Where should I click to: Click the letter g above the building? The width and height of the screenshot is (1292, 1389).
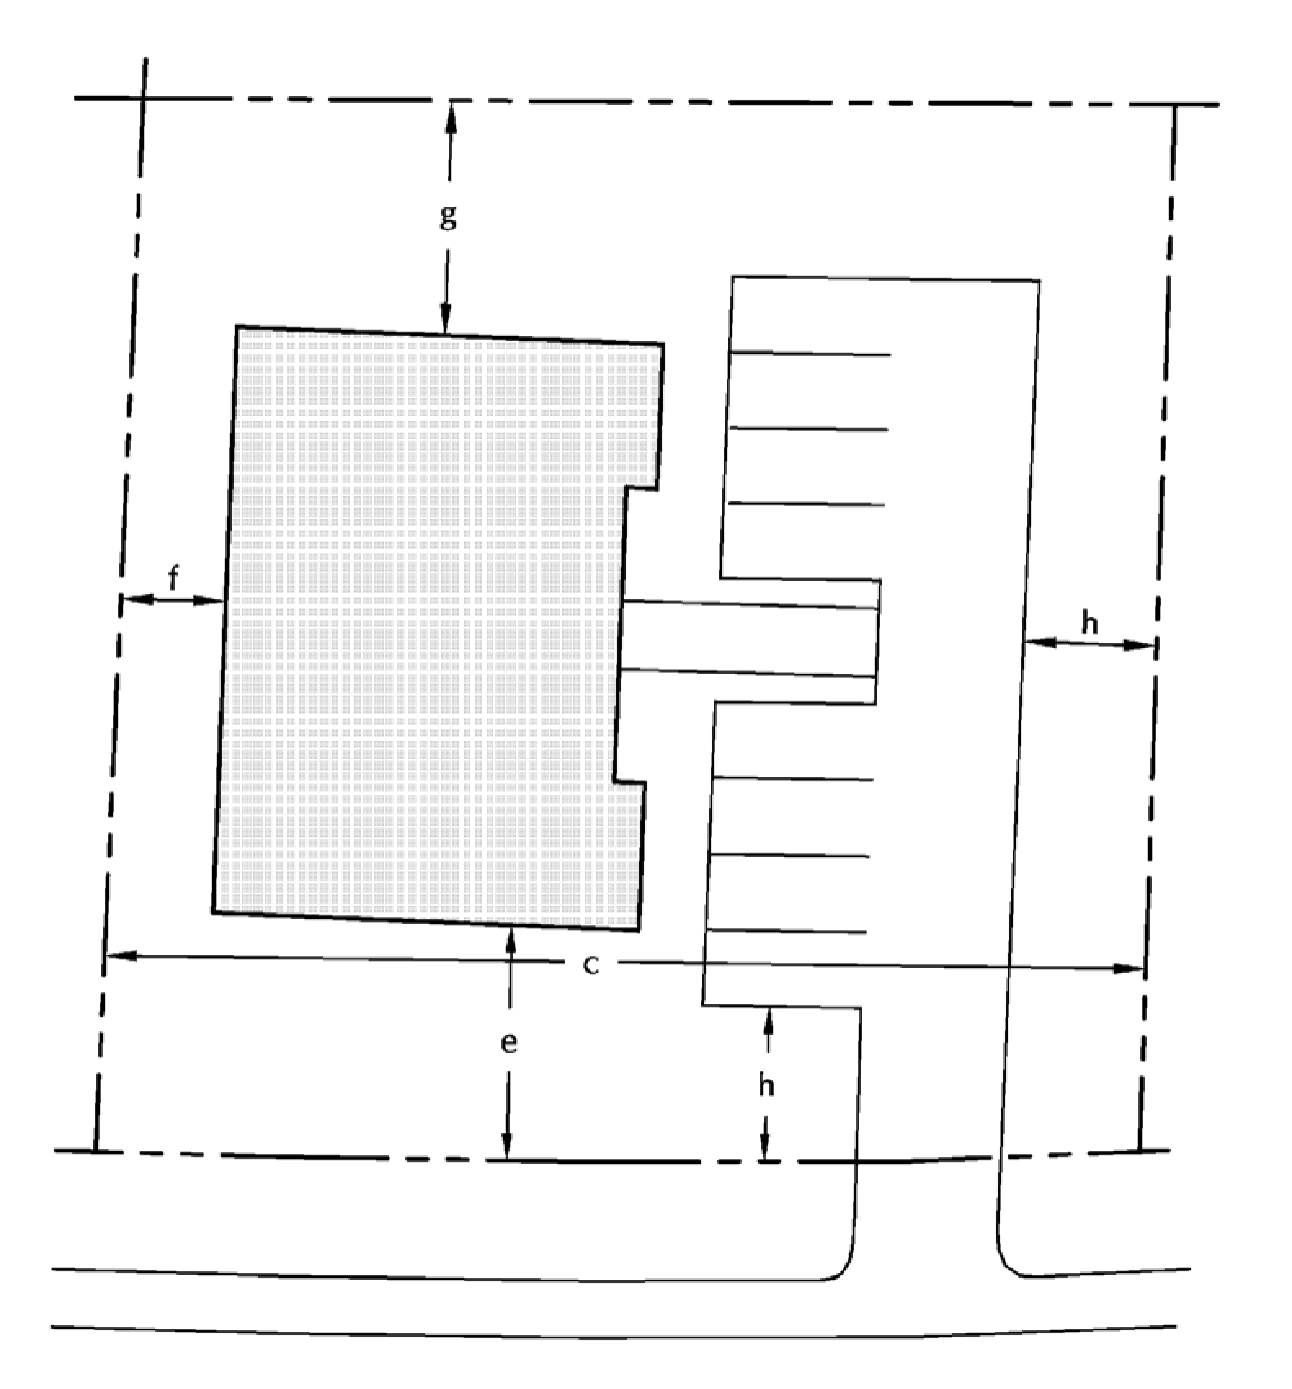coord(448,217)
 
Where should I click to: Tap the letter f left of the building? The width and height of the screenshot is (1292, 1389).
coord(173,578)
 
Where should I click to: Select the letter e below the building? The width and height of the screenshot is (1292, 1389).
coord(509,1043)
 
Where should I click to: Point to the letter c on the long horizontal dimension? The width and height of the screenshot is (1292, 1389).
coord(591,965)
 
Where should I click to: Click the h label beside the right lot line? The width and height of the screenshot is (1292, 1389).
coord(1089,622)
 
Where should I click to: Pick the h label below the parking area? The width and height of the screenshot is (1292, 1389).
coord(766,1085)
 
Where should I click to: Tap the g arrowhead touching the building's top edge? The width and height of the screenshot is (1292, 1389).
coord(446,318)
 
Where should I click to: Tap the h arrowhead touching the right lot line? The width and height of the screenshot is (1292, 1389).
coord(1140,645)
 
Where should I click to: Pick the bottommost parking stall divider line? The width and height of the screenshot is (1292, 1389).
coord(787,931)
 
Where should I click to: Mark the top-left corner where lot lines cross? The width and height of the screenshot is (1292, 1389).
coord(144,99)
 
